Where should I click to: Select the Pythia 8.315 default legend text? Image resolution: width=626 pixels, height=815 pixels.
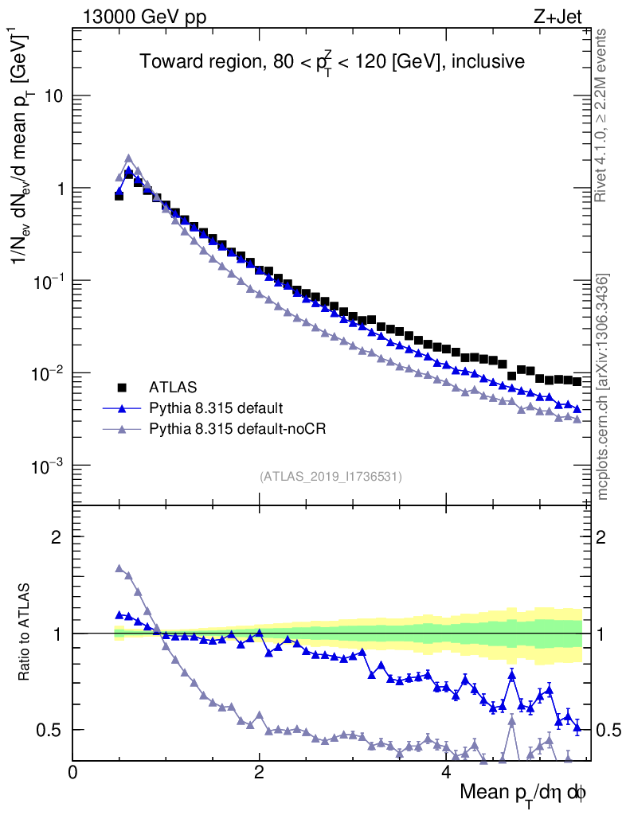(x=216, y=408)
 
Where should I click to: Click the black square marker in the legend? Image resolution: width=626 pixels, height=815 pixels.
(x=123, y=388)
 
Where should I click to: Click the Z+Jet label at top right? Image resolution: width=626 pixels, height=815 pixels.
(x=568, y=15)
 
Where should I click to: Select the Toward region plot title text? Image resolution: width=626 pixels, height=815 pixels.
(x=332, y=62)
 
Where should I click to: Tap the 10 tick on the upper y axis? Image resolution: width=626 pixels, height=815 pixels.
(x=53, y=96)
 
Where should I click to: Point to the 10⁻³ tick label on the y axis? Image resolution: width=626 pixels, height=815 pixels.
(x=49, y=466)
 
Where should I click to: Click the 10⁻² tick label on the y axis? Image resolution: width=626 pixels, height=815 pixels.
(x=49, y=373)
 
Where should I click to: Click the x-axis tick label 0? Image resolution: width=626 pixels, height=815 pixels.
(x=73, y=772)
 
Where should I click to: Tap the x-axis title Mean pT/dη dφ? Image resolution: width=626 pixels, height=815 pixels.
(x=523, y=793)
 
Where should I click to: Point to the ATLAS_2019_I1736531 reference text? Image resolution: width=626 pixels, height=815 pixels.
(x=331, y=477)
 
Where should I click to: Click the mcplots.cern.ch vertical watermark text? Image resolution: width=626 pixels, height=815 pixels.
(x=603, y=387)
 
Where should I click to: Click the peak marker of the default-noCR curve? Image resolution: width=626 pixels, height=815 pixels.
(x=128, y=158)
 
